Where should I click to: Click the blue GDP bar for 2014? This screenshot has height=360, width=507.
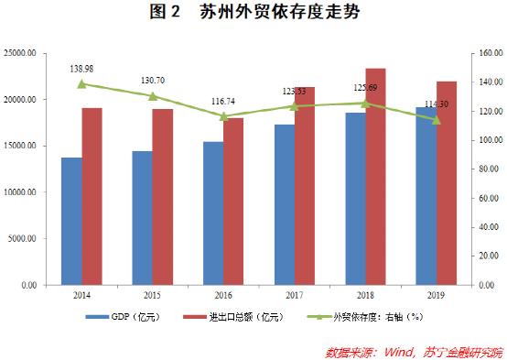[x=71, y=222]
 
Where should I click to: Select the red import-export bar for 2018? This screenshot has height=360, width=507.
[x=375, y=177]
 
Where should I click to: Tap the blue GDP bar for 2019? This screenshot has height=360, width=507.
[x=426, y=196]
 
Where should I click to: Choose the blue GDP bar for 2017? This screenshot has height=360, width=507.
[x=284, y=205]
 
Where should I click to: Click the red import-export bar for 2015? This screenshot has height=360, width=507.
[x=163, y=197]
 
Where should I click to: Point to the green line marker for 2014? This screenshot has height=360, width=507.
[x=81, y=84]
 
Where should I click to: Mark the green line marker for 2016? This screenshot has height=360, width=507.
[x=223, y=116]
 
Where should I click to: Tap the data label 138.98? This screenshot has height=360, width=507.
[x=81, y=69]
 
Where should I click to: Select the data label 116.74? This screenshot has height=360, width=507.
[x=223, y=102]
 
